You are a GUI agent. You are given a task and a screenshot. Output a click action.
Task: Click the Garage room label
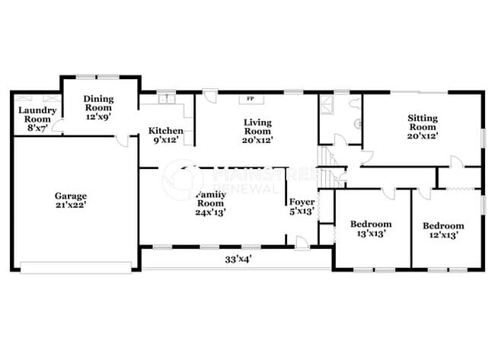[x=69, y=195]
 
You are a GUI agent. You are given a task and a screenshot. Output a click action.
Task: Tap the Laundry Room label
[x=34, y=114]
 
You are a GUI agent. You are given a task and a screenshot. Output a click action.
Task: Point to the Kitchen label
[x=165, y=130]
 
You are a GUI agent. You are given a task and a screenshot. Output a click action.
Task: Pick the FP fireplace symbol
[x=249, y=99]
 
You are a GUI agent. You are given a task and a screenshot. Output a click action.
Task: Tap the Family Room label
[x=210, y=199]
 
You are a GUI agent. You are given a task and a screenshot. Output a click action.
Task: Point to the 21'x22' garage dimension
[x=69, y=205]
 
